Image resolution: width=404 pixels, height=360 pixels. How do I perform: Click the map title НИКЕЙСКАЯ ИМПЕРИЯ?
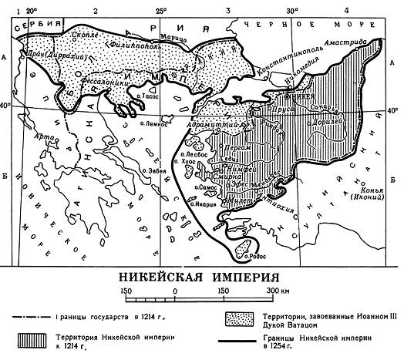[x=201, y=278]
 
